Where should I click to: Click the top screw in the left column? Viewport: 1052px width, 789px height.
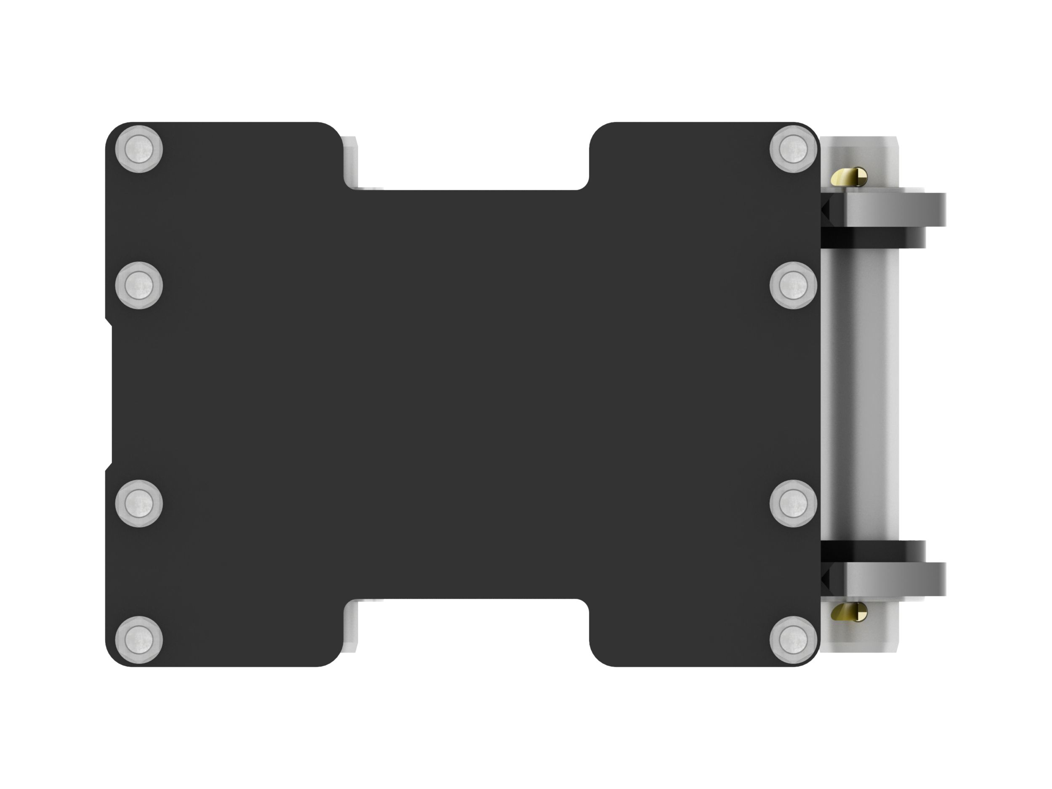click(x=139, y=149)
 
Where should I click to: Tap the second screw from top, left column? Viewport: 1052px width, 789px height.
click(x=139, y=285)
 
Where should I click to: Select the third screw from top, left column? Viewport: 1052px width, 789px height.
click(x=139, y=503)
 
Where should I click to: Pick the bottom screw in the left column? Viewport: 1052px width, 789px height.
click(x=139, y=639)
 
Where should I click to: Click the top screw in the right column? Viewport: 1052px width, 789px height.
click(x=793, y=149)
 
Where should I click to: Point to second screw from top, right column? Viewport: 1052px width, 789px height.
click(x=793, y=285)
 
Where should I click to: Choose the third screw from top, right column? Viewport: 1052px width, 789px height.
click(x=793, y=503)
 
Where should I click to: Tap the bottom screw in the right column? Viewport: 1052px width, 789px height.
click(x=793, y=639)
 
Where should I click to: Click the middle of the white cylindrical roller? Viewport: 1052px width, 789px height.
click(x=861, y=395)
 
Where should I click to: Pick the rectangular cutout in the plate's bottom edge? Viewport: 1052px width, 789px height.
click(x=466, y=632)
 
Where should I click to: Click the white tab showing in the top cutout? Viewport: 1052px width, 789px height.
click(x=351, y=162)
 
